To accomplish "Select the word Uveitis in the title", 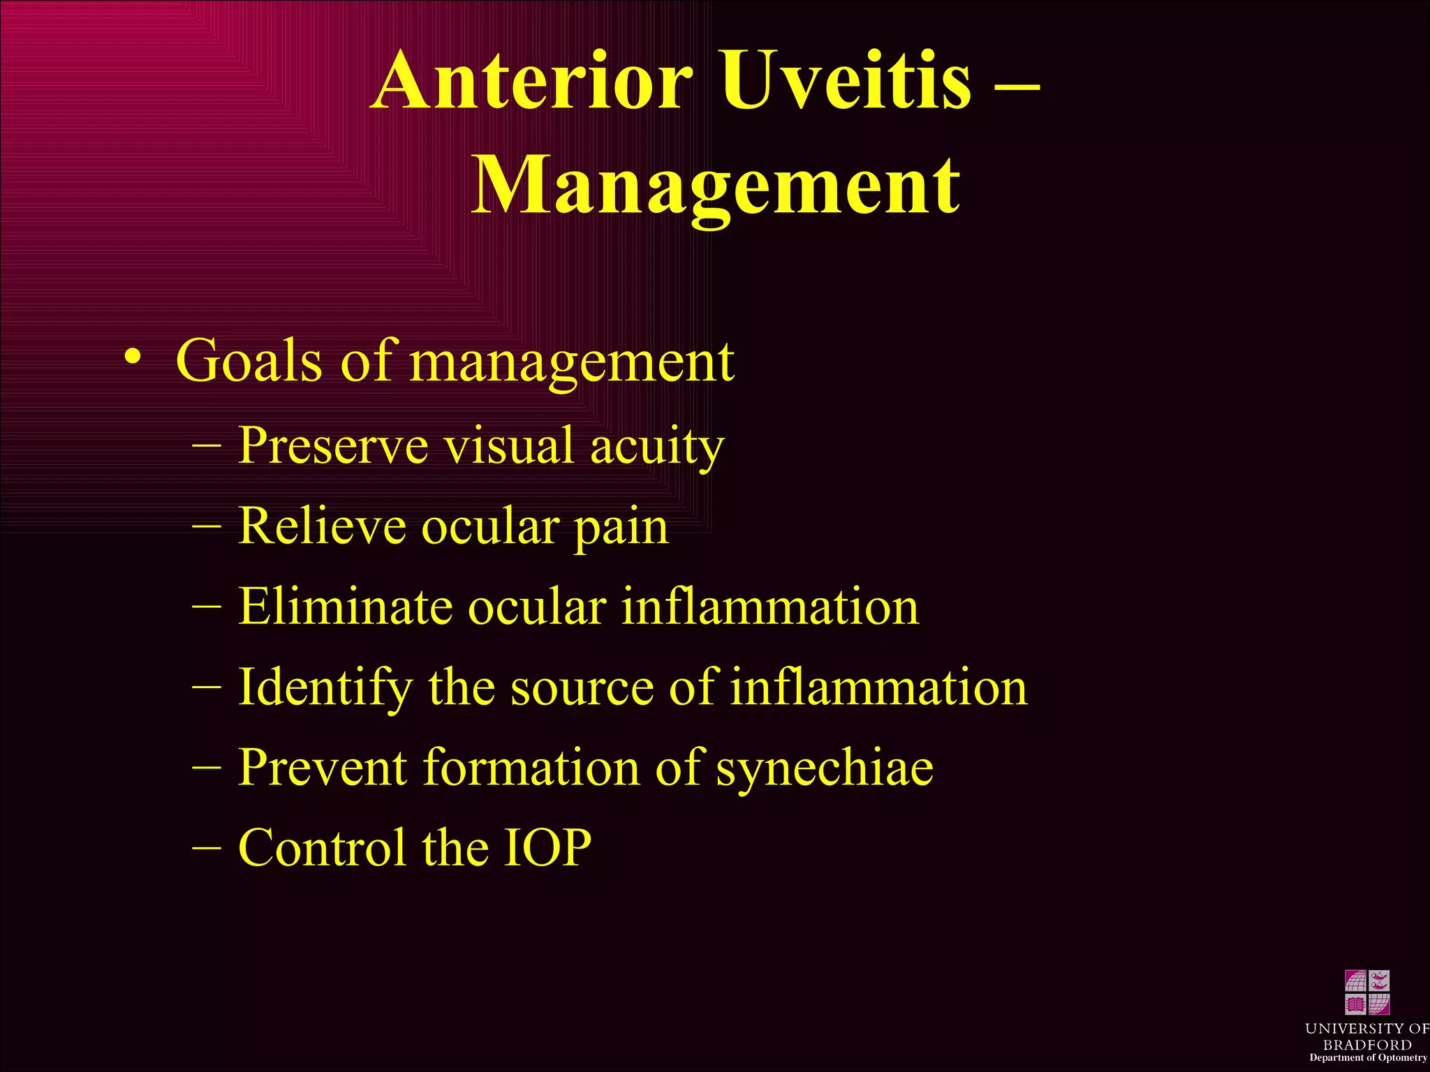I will pyautogui.click(x=845, y=82).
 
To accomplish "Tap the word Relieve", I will pyautogui.click(x=322, y=526).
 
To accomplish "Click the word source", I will pyautogui.click(x=581, y=688).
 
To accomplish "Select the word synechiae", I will pyautogui.click(x=825, y=769).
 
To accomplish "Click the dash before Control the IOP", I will pyautogui.click(x=206, y=847).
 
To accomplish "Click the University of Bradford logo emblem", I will pyautogui.click(x=1367, y=992).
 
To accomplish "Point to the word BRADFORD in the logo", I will pyautogui.click(x=1367, y=1045).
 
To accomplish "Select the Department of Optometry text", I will pyautogui.click(x=1367, y=1058).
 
